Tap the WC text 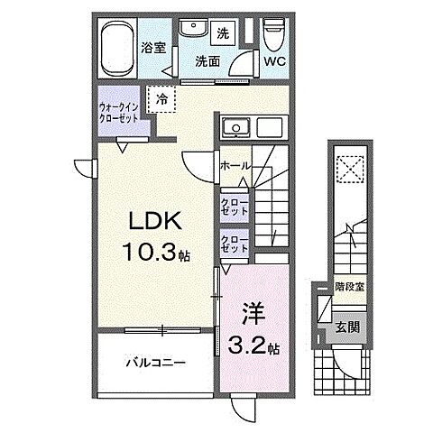[275, 63]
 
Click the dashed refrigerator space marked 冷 [161, 99]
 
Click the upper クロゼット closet [234, 205]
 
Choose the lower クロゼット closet [234, 243]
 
